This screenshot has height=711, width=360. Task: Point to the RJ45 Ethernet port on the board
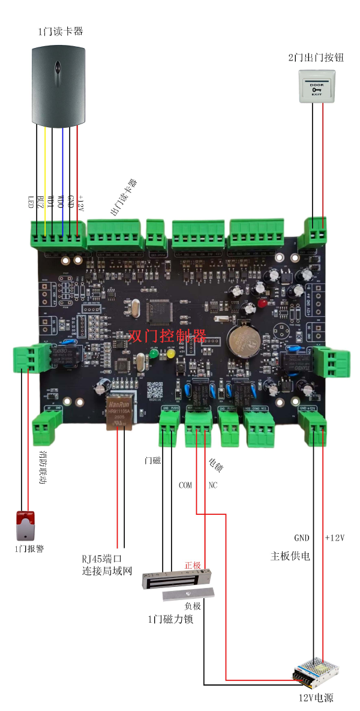118,413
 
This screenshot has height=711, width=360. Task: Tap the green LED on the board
154,355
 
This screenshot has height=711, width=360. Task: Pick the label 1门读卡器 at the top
60,31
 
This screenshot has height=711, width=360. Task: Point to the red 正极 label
193,565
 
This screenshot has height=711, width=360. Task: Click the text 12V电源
316,698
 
